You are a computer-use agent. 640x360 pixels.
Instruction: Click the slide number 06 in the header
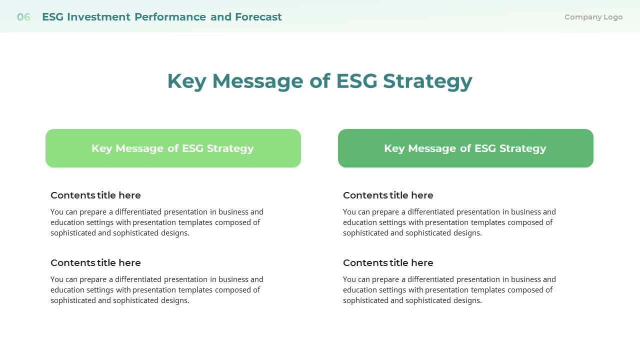click(x=23, y=17)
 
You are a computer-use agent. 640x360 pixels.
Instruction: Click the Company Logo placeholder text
click(x=593, y=17)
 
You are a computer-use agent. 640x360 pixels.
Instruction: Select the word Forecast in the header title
click(x=258, y=17)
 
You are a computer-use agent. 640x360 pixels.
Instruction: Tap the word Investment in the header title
click(x=98, y=17)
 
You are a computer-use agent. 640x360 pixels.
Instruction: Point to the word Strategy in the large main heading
click(x=427, y=81)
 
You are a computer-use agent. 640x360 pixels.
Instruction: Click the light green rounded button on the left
click(x=173, y=148)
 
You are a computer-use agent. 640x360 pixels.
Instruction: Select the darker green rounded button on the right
click(x=465, y=148)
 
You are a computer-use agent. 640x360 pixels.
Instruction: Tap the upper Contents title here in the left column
click(x=95, y=195)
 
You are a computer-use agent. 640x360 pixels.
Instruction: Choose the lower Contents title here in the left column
click(x=95, y=263)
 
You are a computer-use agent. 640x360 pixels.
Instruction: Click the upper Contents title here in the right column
click(x=388, y=195)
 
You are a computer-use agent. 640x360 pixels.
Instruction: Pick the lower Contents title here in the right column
click(x=388, y=263)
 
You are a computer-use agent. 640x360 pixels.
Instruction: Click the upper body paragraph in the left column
click(x=156, y=222)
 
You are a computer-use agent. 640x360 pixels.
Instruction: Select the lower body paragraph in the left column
click(x=156, y=290)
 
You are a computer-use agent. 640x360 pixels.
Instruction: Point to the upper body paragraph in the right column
click(x=449, y=222)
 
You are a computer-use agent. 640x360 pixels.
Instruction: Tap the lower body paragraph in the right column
click(x=449, y=290)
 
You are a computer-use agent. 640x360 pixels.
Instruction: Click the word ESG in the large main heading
click(x=357, y=81)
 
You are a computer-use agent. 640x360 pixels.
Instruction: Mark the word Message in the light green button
click(x=139, y=148)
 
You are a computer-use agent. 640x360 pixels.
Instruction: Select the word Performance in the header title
click(x=170, y=17)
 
